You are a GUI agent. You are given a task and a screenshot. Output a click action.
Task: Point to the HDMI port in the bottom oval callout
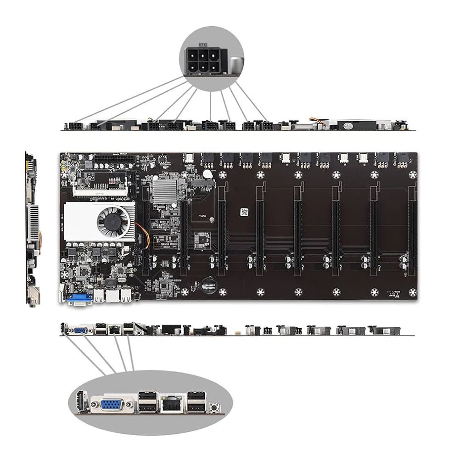coord(82,403)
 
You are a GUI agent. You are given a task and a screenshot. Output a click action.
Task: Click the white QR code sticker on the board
coord(244,213)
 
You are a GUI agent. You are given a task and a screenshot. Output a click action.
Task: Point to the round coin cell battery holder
coord(209,285)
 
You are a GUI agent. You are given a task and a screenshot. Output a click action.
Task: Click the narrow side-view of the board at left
coord(32,229)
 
